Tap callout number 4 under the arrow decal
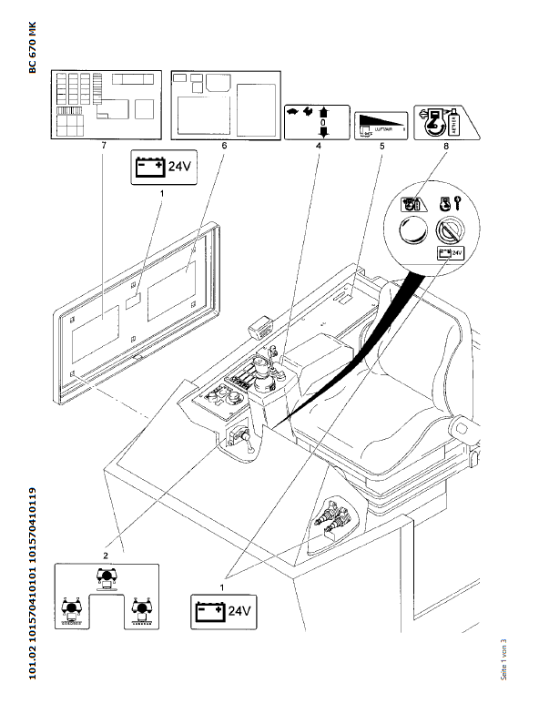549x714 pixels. pos(318,146)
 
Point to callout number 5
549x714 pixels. pos(381,146)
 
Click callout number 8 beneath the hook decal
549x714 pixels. pos(444,146)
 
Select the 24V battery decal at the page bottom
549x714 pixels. pos(219,610)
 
